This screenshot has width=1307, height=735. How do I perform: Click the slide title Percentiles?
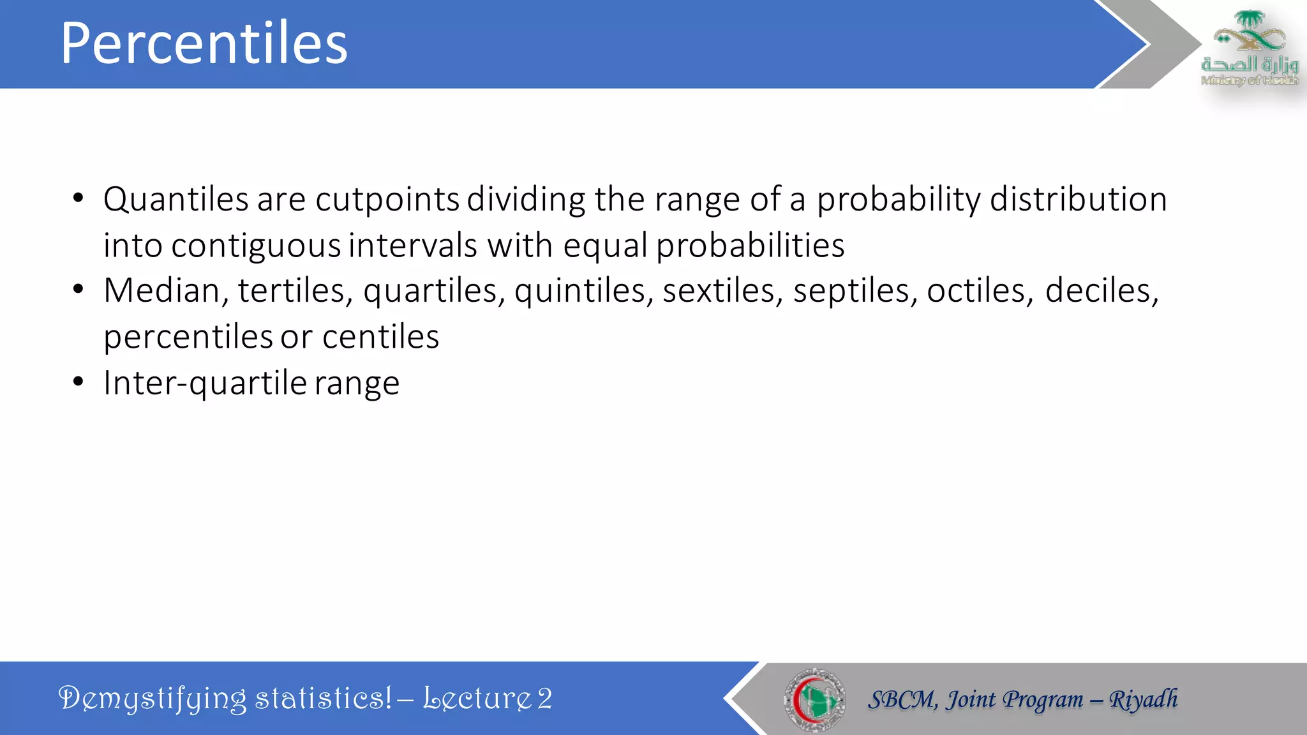(x=204, y=43)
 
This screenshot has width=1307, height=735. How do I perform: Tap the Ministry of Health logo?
(x=1249, y=48)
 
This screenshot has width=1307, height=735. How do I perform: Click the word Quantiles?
(x=176, y=200)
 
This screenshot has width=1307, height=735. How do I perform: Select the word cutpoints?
(x=387, y=200)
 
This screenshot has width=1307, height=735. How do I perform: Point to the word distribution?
(x=1078, y=200)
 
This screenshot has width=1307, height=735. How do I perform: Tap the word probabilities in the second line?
(x=750, y=246)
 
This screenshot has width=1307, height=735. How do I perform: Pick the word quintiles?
(x=583, y=291)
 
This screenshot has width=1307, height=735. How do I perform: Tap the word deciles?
(x=1102, y=291)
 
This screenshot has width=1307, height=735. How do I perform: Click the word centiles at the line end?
(x=380, y=337)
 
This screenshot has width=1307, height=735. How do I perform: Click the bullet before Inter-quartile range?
(x=78, y=382)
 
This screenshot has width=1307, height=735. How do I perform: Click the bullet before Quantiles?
(x=78, y=198)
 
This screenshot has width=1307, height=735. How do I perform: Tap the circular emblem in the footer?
(x=814, y=699)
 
